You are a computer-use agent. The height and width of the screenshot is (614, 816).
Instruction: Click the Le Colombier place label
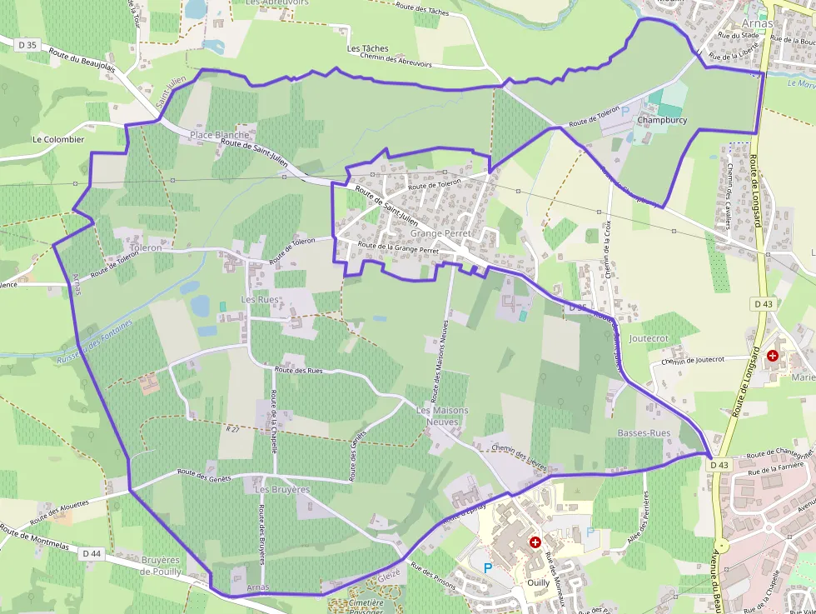click(58, 139)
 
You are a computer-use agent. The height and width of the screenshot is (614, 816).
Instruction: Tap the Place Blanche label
click(219, 135)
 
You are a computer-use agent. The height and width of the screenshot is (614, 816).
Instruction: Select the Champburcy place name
click(662, 120)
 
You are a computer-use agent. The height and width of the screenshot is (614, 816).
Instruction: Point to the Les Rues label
click(260, 299)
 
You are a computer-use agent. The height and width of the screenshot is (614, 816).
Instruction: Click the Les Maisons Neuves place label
click(442, 416)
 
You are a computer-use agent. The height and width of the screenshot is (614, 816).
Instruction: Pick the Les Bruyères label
click(283, 490)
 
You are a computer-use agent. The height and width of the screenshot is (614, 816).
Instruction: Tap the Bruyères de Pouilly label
click(161, 566)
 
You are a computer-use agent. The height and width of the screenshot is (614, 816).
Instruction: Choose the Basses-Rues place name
click(644, 433)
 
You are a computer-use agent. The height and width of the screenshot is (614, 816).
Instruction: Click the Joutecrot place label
click(649, 339)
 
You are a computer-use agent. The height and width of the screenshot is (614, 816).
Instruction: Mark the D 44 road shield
click(92, 552)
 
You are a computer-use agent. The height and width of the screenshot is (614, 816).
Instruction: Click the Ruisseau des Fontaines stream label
click(95, 343)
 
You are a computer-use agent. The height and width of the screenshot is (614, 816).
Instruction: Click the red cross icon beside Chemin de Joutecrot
click(773, 356)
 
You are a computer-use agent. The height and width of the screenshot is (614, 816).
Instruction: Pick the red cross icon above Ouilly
click(535, 542)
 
